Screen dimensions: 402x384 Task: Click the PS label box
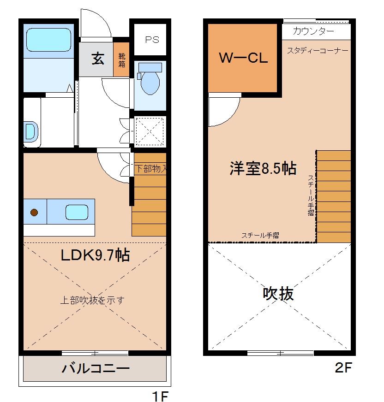(x=152, y=40)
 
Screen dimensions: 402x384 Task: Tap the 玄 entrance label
(x=97, y=59)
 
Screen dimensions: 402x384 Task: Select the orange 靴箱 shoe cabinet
(x=122, y=59)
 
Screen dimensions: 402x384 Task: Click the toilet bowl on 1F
(x=150, y=81)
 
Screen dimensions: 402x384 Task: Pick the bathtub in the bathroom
(x=48, y=41)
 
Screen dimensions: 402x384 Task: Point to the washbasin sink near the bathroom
(x=30, y=131)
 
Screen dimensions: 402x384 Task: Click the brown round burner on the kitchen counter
(x=34, y=212)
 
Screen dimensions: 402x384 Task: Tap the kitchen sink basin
(x=76, y=212)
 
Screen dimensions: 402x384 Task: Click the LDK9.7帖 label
(x=95, y=254)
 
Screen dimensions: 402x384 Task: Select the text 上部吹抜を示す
(x=92, y=300)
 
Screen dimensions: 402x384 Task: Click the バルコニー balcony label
(x=96, y=368)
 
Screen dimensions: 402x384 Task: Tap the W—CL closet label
(x=243, y=58)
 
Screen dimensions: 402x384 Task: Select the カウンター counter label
(x=314, y=31)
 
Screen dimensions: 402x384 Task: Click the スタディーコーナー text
(x=318, y=50)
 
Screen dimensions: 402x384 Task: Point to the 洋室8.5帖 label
(x=263, y=168)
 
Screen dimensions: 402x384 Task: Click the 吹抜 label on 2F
(x=278, y=293)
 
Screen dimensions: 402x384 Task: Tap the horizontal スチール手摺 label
(x=260, y=235)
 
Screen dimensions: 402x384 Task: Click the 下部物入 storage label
(x=150, y=169)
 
